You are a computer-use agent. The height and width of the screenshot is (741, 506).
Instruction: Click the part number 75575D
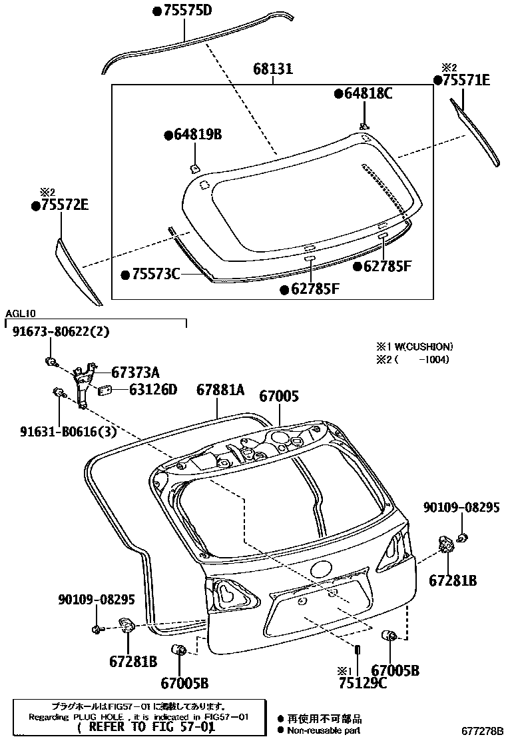183,11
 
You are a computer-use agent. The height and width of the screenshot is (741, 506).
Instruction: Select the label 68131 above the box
273,69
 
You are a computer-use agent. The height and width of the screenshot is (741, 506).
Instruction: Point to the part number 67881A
220,390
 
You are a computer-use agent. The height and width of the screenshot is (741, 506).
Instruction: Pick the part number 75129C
362,682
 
